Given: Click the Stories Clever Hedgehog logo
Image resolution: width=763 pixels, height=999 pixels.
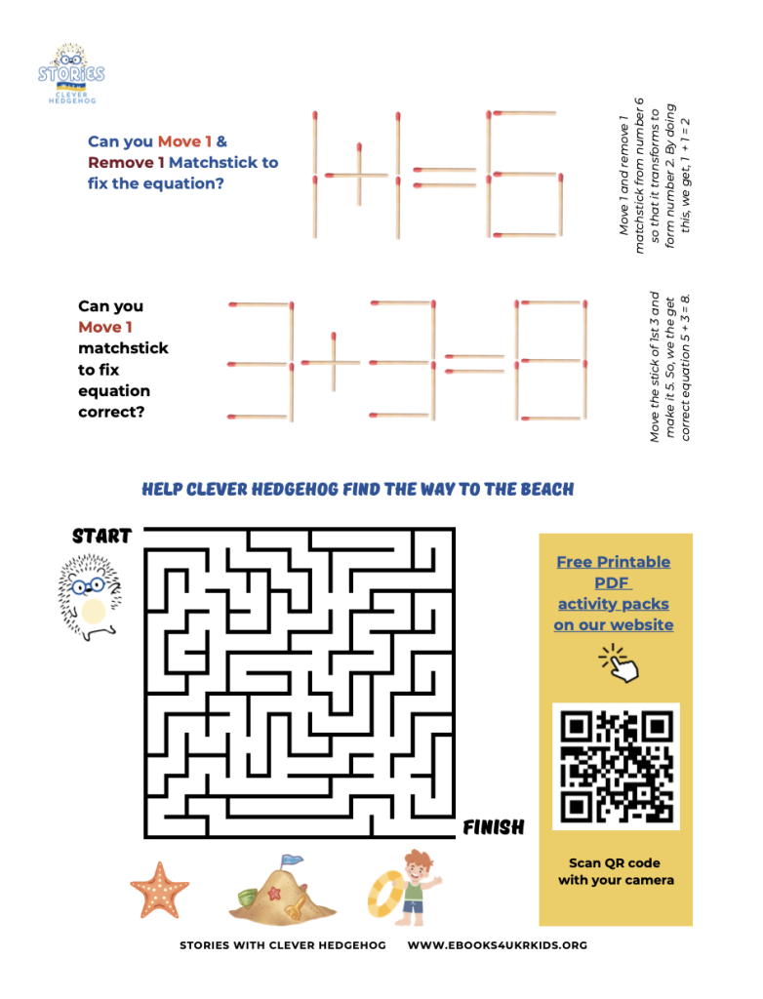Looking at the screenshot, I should coord(71,74).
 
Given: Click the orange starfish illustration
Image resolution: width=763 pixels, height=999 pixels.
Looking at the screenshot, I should coord(160,889).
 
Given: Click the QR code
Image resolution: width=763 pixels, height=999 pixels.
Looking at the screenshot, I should coord(616,766).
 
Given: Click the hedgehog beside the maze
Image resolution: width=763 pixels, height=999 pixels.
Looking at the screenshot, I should coord(90,598).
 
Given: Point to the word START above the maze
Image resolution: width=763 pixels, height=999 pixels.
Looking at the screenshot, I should coord(101,536).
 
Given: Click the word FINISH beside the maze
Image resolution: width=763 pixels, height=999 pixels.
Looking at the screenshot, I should coord(494,828).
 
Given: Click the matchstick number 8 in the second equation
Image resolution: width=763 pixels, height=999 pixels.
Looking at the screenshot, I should coord(550,362).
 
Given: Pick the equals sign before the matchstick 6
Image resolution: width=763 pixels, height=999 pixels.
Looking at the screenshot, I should coord(445,177).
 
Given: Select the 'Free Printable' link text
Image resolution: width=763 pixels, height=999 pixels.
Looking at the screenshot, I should coord(614,562).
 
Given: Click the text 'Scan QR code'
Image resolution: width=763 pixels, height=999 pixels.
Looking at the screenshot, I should coord(615,862).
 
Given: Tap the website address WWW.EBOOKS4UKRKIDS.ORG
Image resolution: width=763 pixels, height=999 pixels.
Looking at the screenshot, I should coord(497,945).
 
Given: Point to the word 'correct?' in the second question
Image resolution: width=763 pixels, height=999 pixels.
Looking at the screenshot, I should coord(111,412).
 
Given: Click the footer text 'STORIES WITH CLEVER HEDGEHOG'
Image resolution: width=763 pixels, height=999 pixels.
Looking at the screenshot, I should coord(282,945).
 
